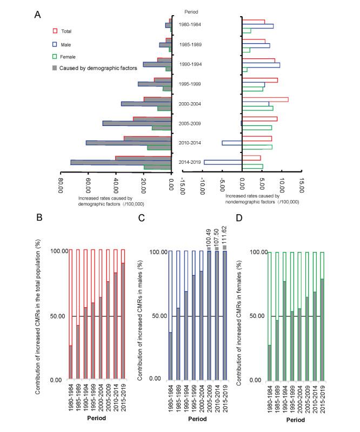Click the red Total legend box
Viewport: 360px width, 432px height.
point(55,31)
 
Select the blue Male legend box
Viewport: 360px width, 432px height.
point(55,44)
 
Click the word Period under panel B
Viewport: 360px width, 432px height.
point(97,418)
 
